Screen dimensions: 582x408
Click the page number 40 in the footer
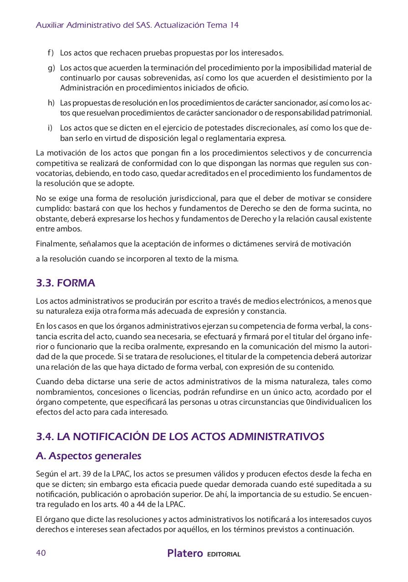41,553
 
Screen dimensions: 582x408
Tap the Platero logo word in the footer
185,553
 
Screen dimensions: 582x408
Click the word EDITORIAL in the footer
224,554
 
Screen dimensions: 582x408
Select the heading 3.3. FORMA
66,283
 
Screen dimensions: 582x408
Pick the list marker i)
50,128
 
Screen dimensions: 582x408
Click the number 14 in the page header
234,25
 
